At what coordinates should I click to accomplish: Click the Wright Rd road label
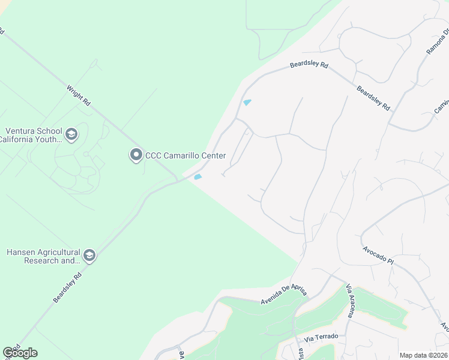pos(79,95)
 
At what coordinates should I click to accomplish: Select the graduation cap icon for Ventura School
pos(72,134)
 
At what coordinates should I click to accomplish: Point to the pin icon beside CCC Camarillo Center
pos(136,155)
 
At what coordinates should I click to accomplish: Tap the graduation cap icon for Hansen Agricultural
pos(89,256)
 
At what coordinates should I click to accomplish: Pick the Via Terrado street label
pos(321,336)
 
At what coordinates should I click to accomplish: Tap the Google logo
pos(20,353)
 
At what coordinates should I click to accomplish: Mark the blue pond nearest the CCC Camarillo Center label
pos(197,176)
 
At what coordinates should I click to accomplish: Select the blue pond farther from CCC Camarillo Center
pos(247,102)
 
